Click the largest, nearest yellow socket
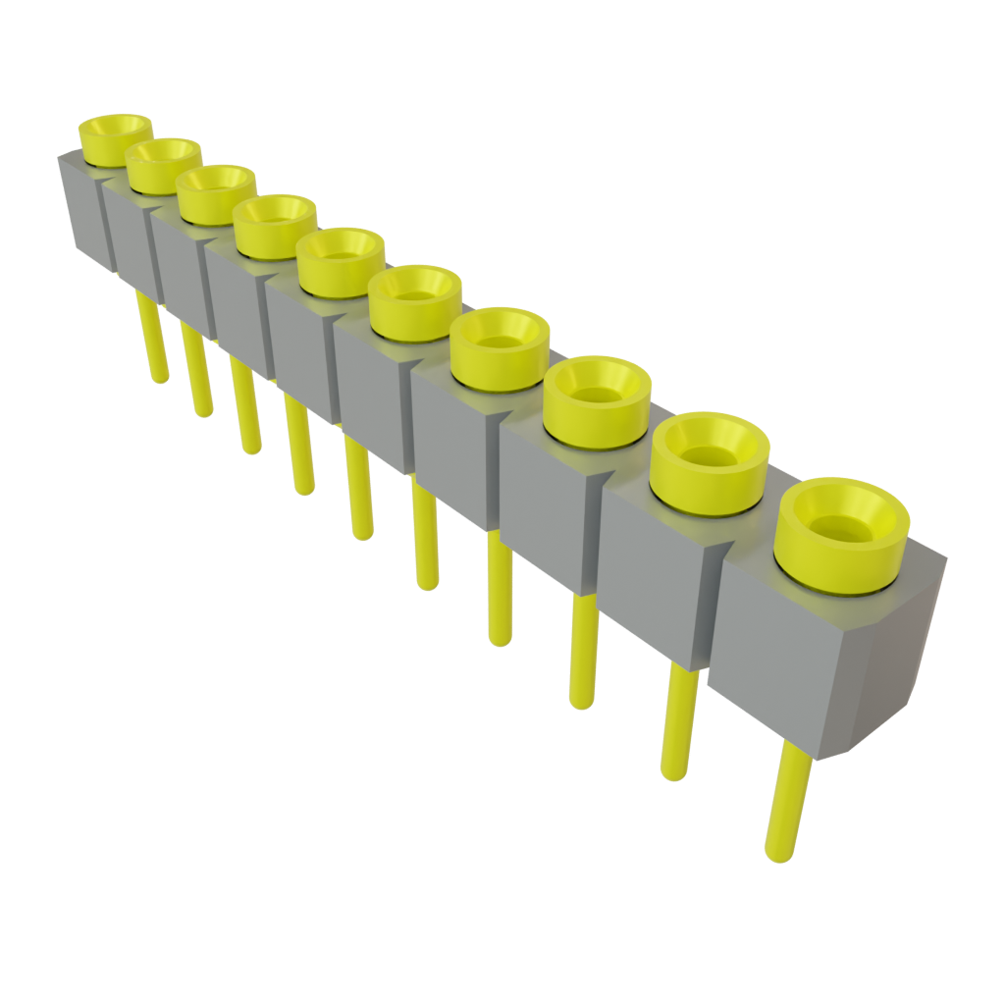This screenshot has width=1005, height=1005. point(842,535)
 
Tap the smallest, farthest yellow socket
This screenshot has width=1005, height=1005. point(116,138)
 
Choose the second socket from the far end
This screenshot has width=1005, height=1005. point(164,164)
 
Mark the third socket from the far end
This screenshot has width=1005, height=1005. point(217,192)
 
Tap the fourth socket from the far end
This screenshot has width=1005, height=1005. point(275,225)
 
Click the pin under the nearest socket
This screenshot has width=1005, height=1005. point(787,805)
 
